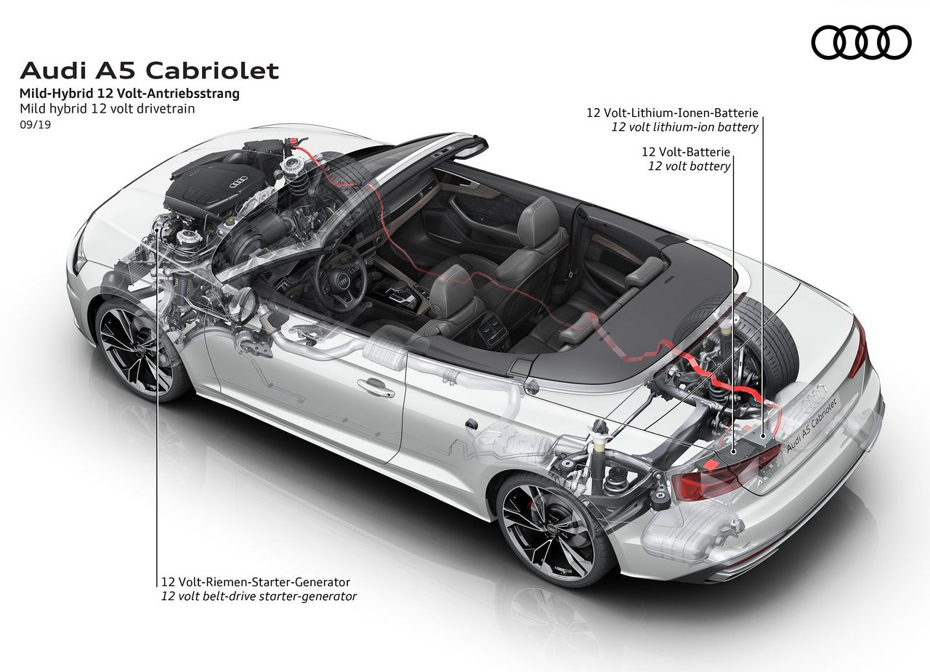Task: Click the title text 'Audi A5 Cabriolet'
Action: pyautogui.click(x=149, y=70)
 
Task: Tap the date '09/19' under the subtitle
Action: pyautogui.click(x=36, y=124)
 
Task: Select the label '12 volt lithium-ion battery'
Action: pyautogui.click(x=684, y=127)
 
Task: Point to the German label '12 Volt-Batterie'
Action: pyautogui.click(x=685, y=152)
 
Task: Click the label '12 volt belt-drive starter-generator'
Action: pyautogui.click(x=259, y=596)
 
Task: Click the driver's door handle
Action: pyautogui.click(x=376, y=389)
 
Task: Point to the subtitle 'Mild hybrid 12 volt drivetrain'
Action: pyautogui.click(x=107, y=109)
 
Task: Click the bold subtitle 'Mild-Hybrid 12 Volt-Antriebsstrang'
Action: pyautogui.click(x=129, y=94)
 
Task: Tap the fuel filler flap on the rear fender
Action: pyautogui.click(x=471, y=424)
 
